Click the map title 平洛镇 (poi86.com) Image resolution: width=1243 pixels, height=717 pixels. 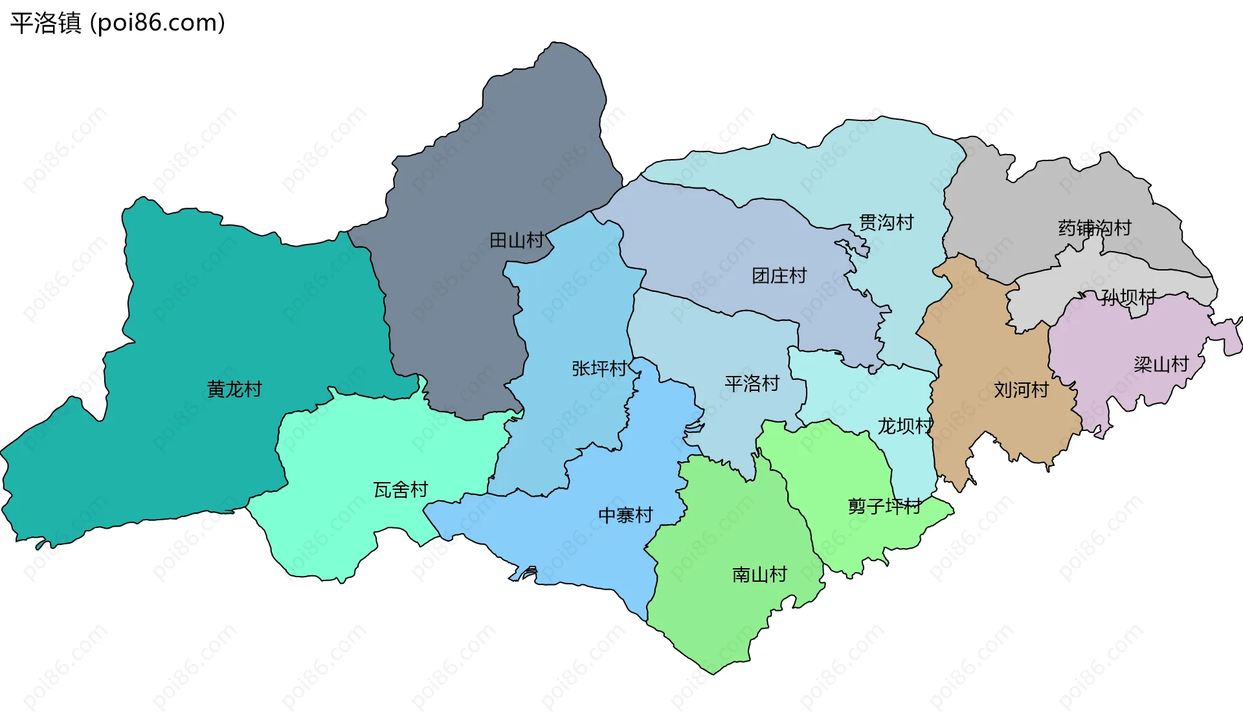pyautogui.click(x=117, y=23)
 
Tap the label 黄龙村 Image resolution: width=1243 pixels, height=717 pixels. pyautogui.click(x=234, y=389)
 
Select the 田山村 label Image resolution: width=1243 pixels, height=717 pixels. pyautogui.click(x=517, y=241)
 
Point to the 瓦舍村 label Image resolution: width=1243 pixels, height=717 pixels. pyautogui.click(x=401, y=490)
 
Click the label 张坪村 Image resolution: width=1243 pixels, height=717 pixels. pyautogui.click(x=599, y=369)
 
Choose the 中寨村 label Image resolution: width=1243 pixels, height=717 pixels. pyautogui.click(x=625, y=516)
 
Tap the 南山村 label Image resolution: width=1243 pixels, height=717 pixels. pyautogui.click(x=759, y=575)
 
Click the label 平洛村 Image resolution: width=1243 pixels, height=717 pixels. pyautogui.click(x=752, y=384)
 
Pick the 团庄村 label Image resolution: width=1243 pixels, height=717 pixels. pyautogui.click(x=779, y=276)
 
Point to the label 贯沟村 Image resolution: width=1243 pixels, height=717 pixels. pyautogui.click(x=886, y=223)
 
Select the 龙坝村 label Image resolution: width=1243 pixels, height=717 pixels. pyautogui.click(x=905, y=426)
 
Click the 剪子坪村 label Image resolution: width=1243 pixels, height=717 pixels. pyautogui.click(x=885, y=506)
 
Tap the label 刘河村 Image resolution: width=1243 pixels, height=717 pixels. pyautogui.click(x=1021, y=390)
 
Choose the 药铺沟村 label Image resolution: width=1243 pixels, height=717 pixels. pyautogui.click(x=1095, y=228)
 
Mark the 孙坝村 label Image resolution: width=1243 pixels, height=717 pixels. pyautogui.click(x=1128, y=298)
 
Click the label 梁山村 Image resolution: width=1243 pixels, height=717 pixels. pyautogui.click(x=1161, y=365)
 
